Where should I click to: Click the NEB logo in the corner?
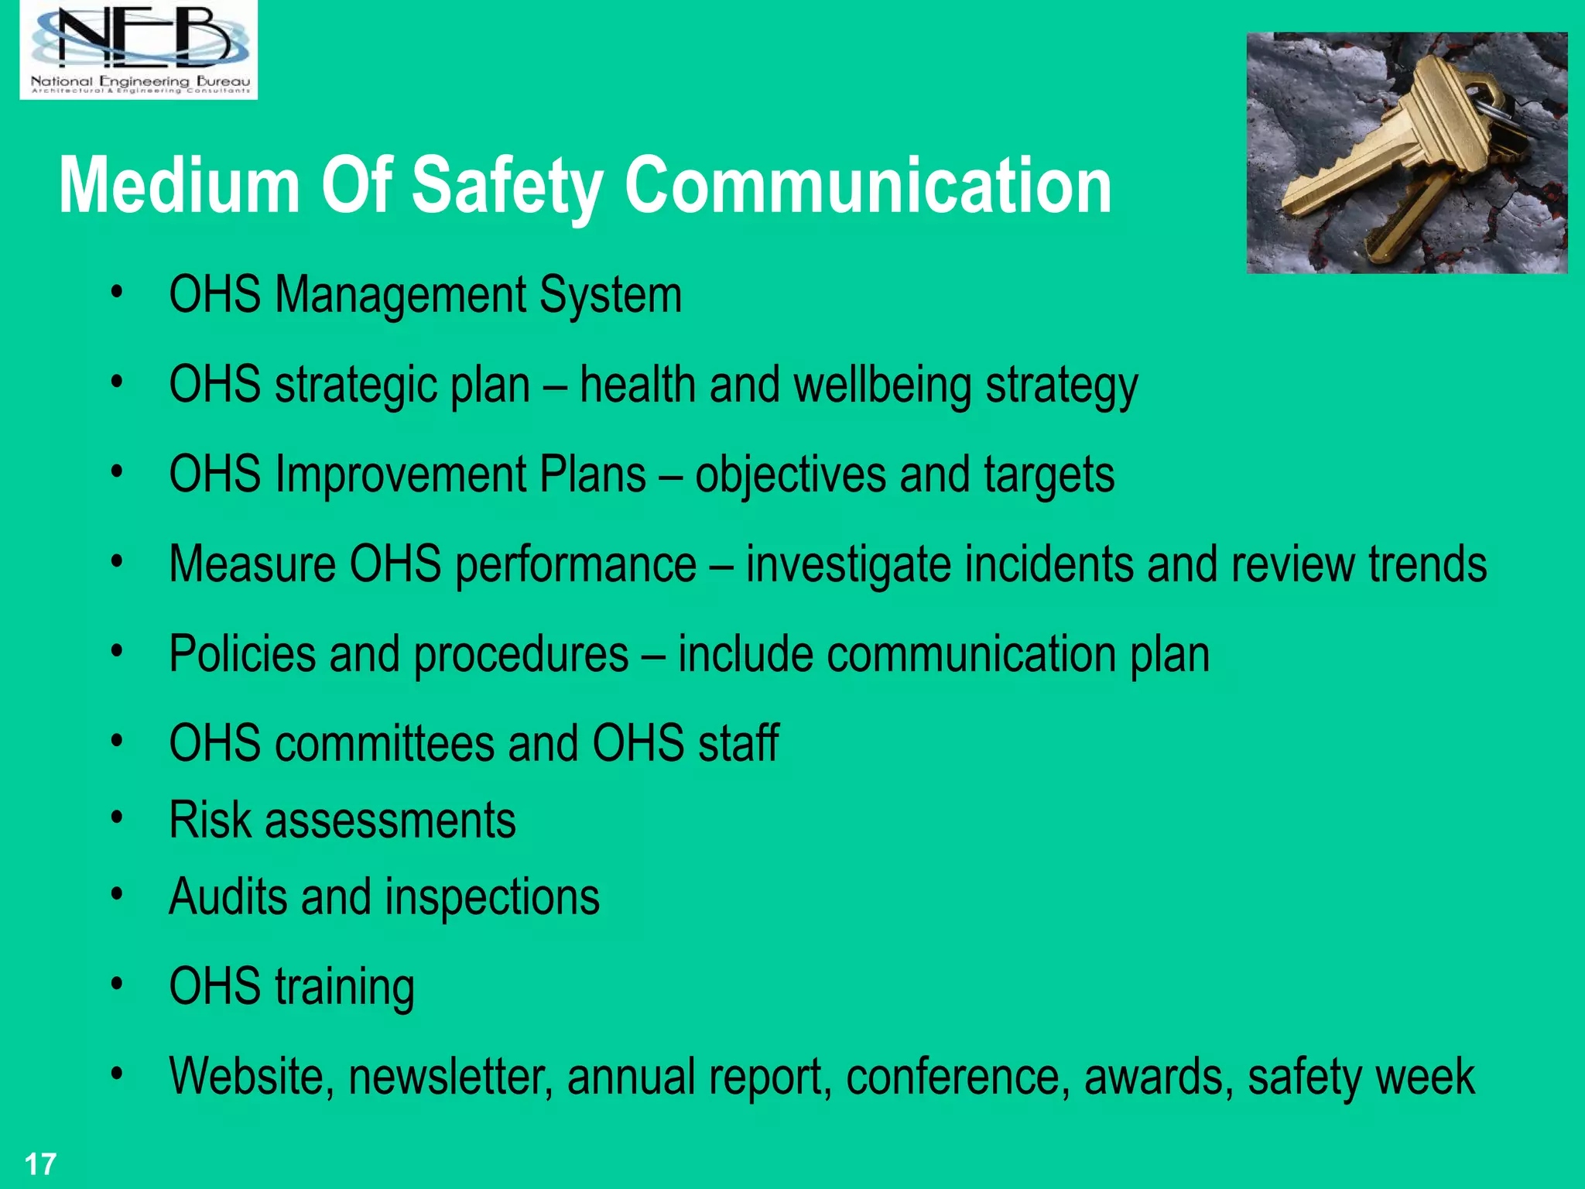pyautogui.click(x=139, y=49)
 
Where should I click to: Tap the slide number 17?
pyautogui.click(x=40, y=1164)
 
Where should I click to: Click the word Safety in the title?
pyautogui.click(x=507, y=186)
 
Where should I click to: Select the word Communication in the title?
pyautogui.click(x=868, y=186)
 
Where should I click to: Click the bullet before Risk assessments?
pyautogui.click(x=117, y=817)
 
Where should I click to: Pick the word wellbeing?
pyautogui.click(x=882, y=385)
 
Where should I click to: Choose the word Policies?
pyautogui.click(x=242, y=654)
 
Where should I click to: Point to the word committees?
pyautogui.click(x=384, y=743)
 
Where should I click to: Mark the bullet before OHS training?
pyautogui.click(x=117, y=985)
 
